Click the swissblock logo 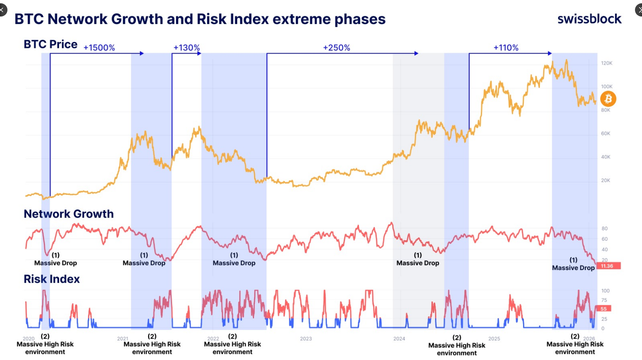point(589,19)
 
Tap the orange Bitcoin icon point(608,99)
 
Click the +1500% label point(99,47)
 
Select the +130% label point(186,47)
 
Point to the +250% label point(336,47)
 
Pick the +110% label point(506,47)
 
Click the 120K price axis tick point(606,63)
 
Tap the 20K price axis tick point(605,180)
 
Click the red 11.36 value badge point(608,266)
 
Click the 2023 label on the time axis point(306,339)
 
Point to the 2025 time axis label point(494,339)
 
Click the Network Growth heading point(69,214)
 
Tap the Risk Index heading point(52,279)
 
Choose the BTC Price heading point(50,44)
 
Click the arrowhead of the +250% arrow point(416,53)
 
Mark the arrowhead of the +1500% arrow point(142,53)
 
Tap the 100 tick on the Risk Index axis point(605,291)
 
